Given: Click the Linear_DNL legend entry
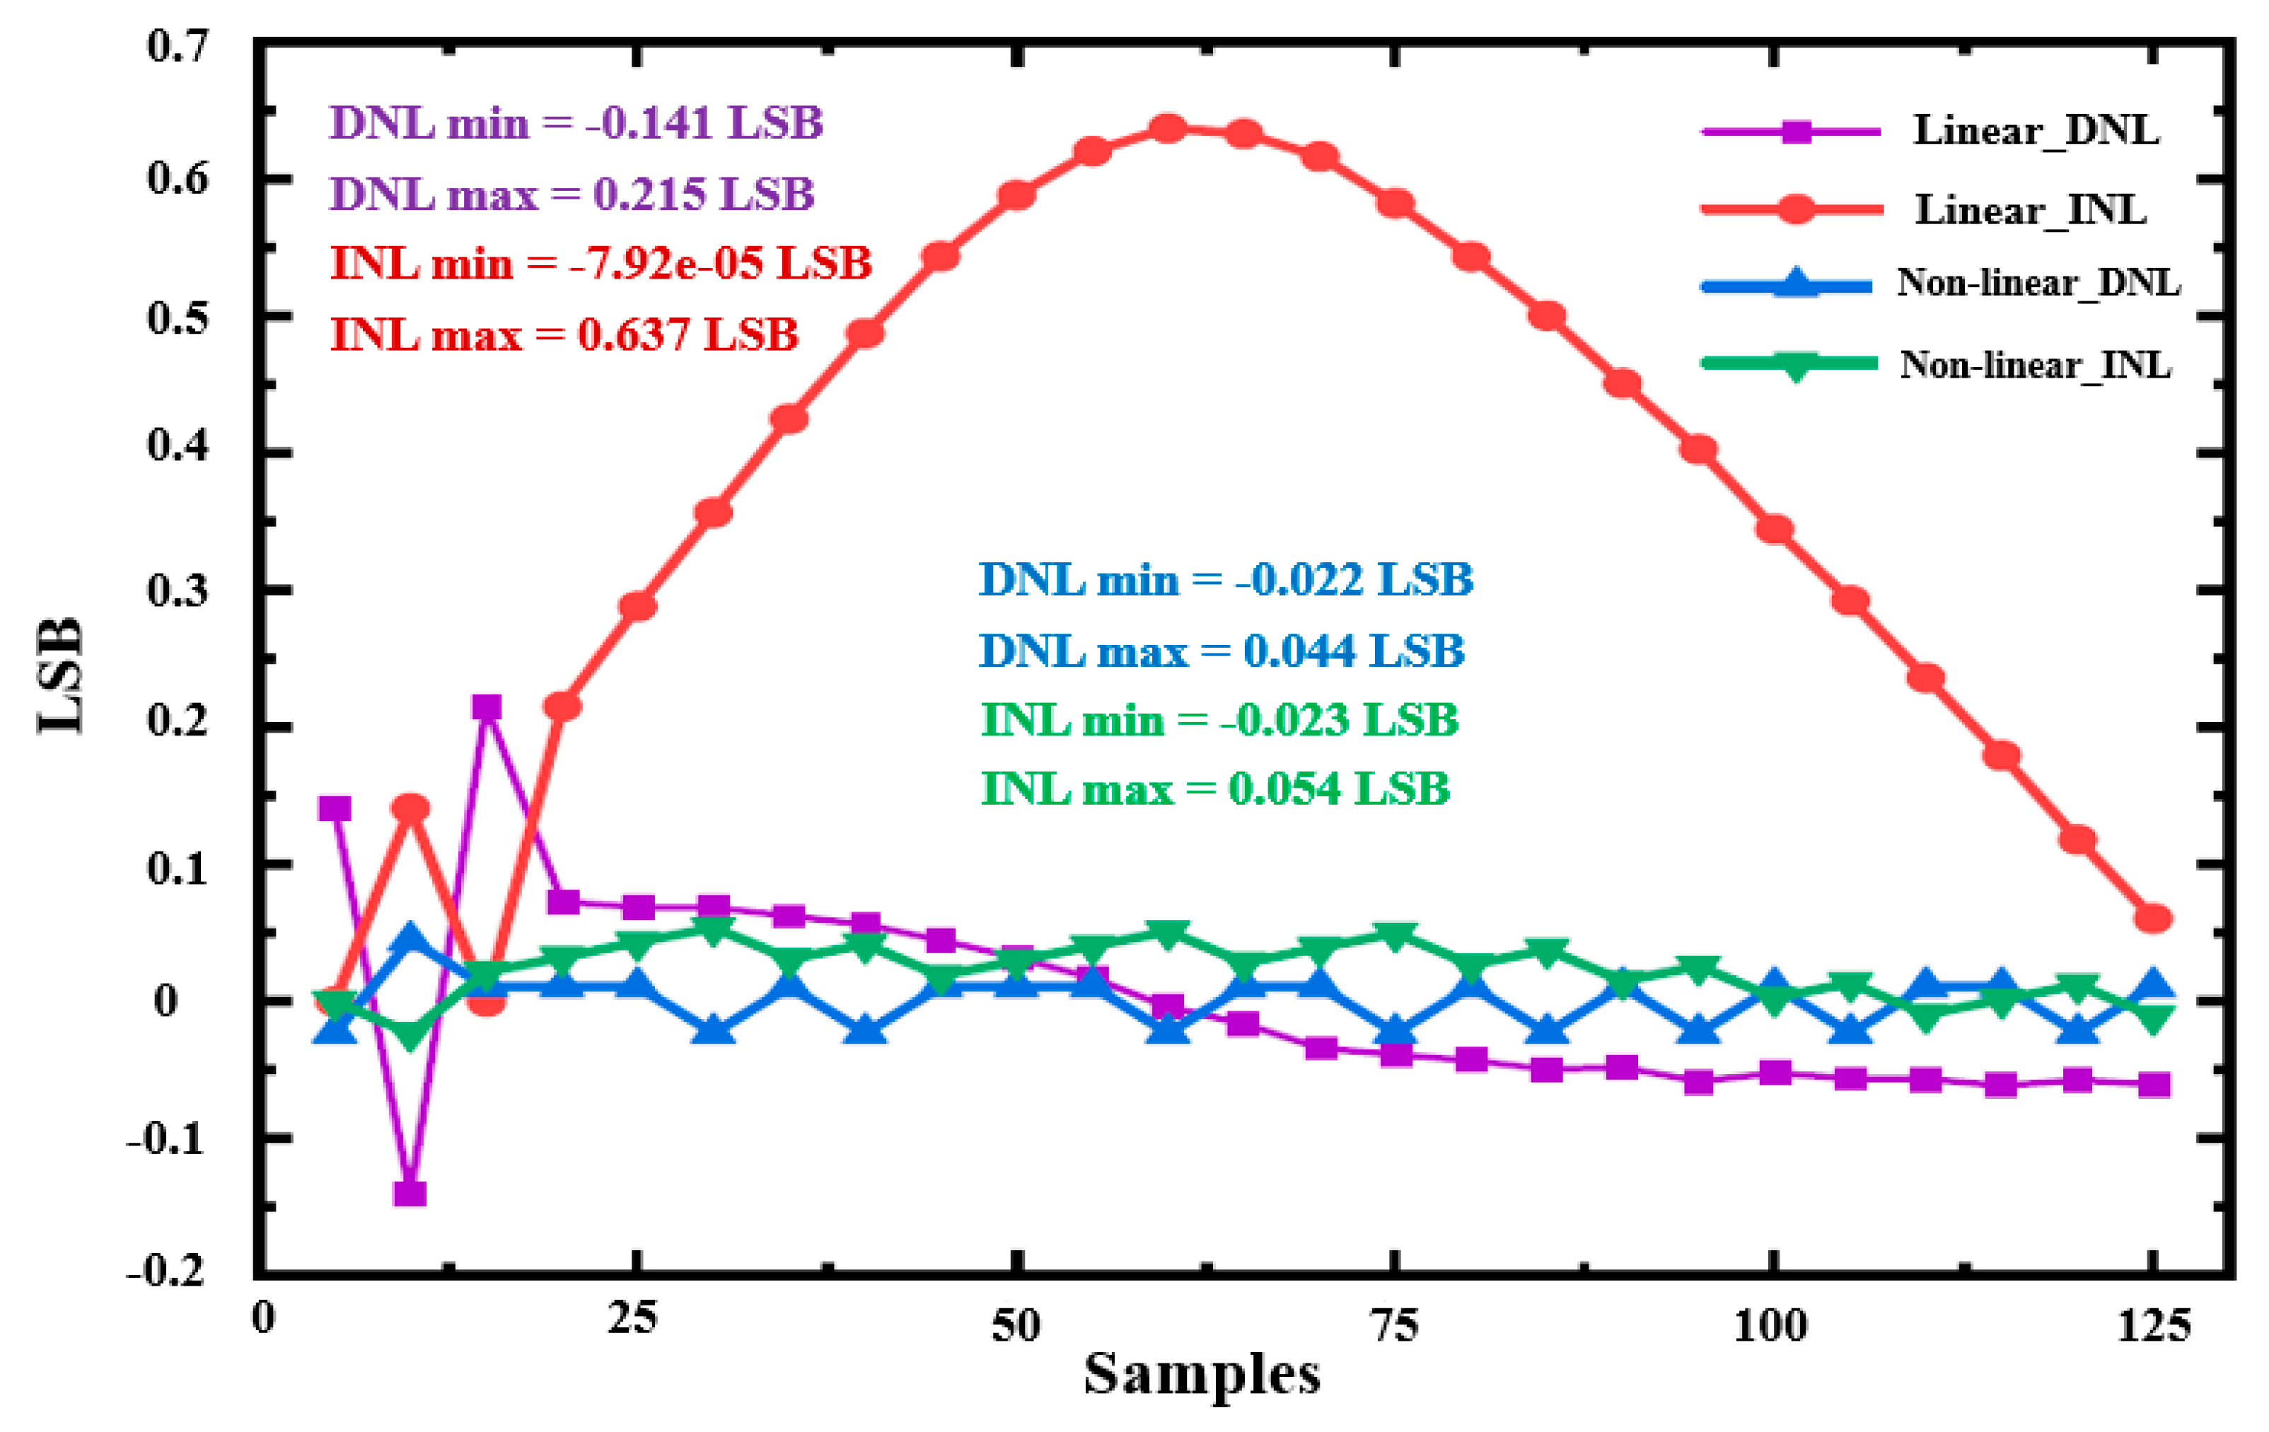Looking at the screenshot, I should (x=2036, y=131).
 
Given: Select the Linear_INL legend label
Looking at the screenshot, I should (x=2031, y=209).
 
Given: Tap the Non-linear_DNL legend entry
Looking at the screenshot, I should (x=2038, y=283).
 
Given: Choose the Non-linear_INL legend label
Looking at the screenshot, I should (x=2036, y=365).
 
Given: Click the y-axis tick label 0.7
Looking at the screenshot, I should (x=177, y=46).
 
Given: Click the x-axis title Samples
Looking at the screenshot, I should (x=1202, y=1376).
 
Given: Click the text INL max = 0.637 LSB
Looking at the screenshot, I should (x=564, y=334).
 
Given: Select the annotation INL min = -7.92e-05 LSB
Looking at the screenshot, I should (x=600, y=263).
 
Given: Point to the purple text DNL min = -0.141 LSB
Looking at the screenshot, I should (x=576, y=124).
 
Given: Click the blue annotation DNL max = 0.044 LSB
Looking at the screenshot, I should (x=1221, y=651).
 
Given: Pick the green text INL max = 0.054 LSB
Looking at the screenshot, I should (x=1214, y=789).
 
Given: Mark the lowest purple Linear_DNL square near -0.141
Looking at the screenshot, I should (x=410, y=1194).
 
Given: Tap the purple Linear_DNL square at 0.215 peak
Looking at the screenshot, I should (x=486, y=708).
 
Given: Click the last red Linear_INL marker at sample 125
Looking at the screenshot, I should (x=2153, y=919).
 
